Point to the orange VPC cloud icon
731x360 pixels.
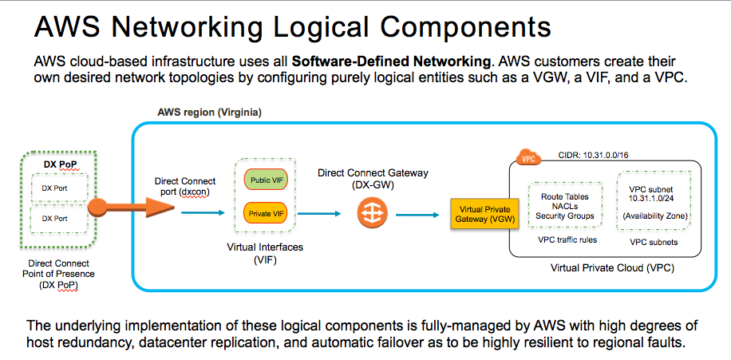(527, 157)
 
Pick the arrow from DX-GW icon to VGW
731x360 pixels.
(416, 214)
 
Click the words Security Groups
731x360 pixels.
(564, 216)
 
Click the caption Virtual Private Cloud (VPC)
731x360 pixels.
(612, 267)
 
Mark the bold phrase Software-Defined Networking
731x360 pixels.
(391, 61)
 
